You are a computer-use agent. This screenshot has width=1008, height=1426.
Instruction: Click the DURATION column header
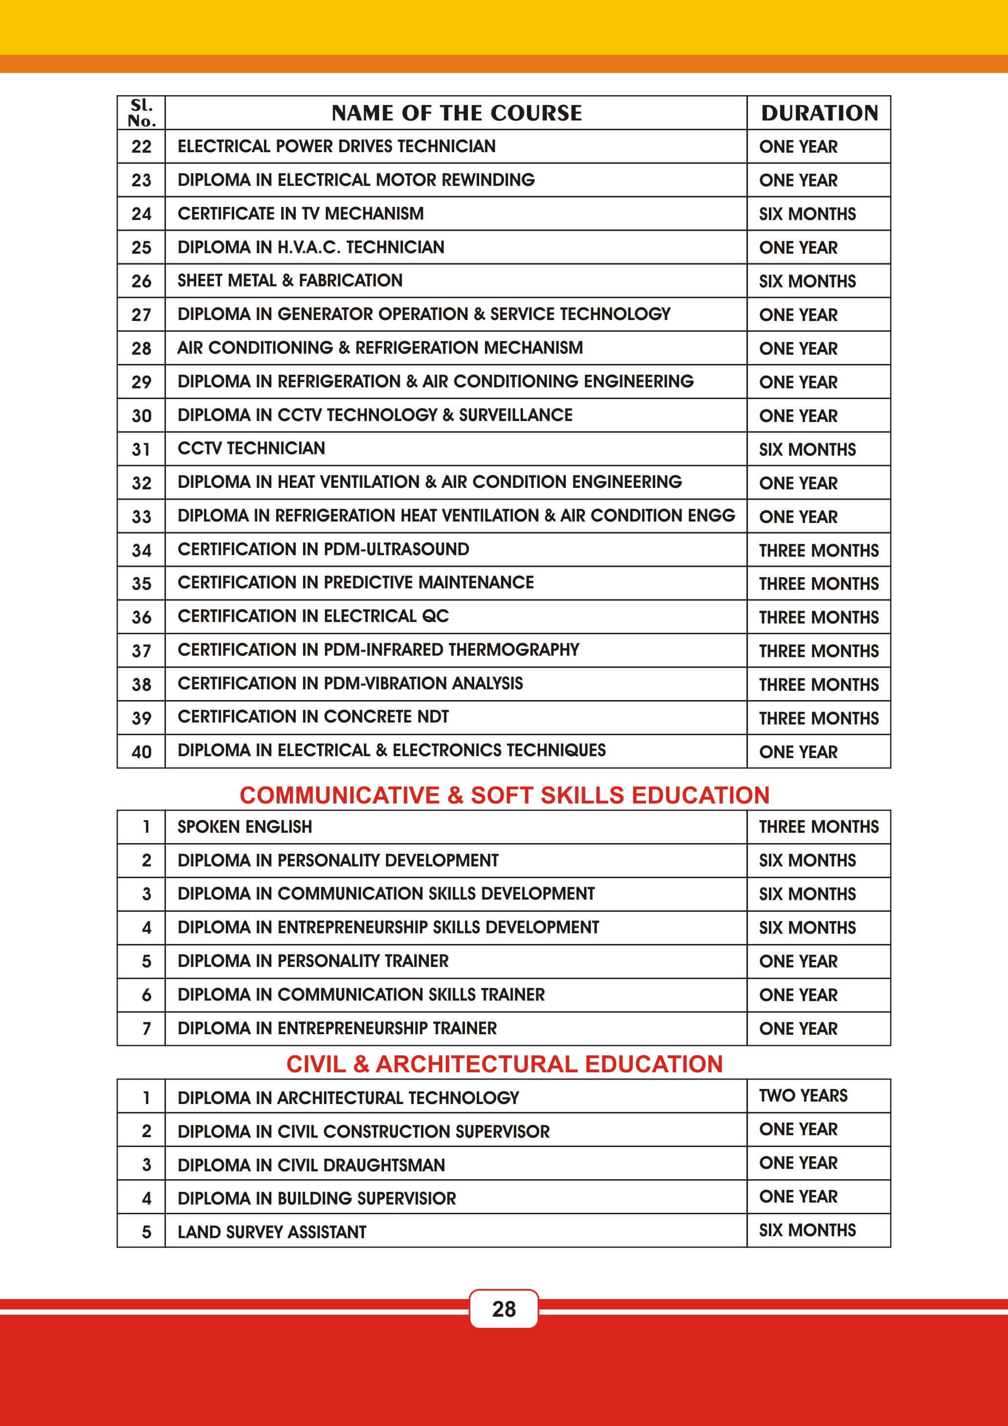point(819,113)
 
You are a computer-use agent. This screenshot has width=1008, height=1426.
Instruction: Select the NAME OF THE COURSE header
point(457,113)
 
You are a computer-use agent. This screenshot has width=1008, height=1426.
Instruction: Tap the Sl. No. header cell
point(141,113)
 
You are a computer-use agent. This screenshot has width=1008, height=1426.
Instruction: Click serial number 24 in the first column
point(141,214)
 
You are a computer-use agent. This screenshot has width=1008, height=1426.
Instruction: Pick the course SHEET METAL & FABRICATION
point(290,281)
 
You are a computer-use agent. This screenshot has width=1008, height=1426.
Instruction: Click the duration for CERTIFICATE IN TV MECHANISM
point(807,214)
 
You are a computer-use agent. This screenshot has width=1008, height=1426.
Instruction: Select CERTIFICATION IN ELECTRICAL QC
point(313,616)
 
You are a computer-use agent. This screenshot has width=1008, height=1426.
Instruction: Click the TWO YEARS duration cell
point(803,1096)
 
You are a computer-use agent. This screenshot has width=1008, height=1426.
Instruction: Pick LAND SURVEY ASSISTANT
point(272,1232)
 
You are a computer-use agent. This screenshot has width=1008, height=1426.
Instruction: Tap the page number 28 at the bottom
point(504,1309)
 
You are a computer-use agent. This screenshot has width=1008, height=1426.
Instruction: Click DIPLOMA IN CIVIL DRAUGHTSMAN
point(311,1165)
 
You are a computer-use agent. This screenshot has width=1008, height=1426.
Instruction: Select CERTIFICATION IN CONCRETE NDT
point(313,717)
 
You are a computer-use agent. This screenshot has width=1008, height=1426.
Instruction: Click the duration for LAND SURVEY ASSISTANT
point(807,1230)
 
